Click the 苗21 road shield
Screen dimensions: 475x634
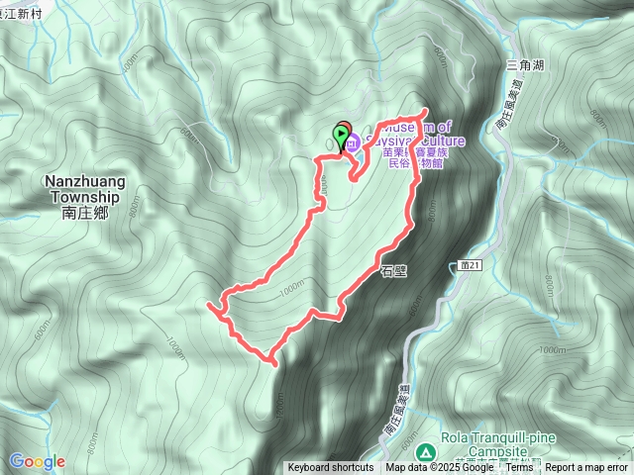(471, 266)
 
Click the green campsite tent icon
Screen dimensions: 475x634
(425, 451)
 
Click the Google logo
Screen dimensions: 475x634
(37, 461)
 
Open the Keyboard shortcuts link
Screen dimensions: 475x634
(331, 468)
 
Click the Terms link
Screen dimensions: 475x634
(520, 468)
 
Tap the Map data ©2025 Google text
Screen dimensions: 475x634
(441, 468)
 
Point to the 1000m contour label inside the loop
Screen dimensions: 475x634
(293, 286)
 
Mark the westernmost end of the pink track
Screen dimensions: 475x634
(208, 308)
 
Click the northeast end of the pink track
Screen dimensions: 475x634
(426, 110)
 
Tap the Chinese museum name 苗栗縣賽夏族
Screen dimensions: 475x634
(405, 154)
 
